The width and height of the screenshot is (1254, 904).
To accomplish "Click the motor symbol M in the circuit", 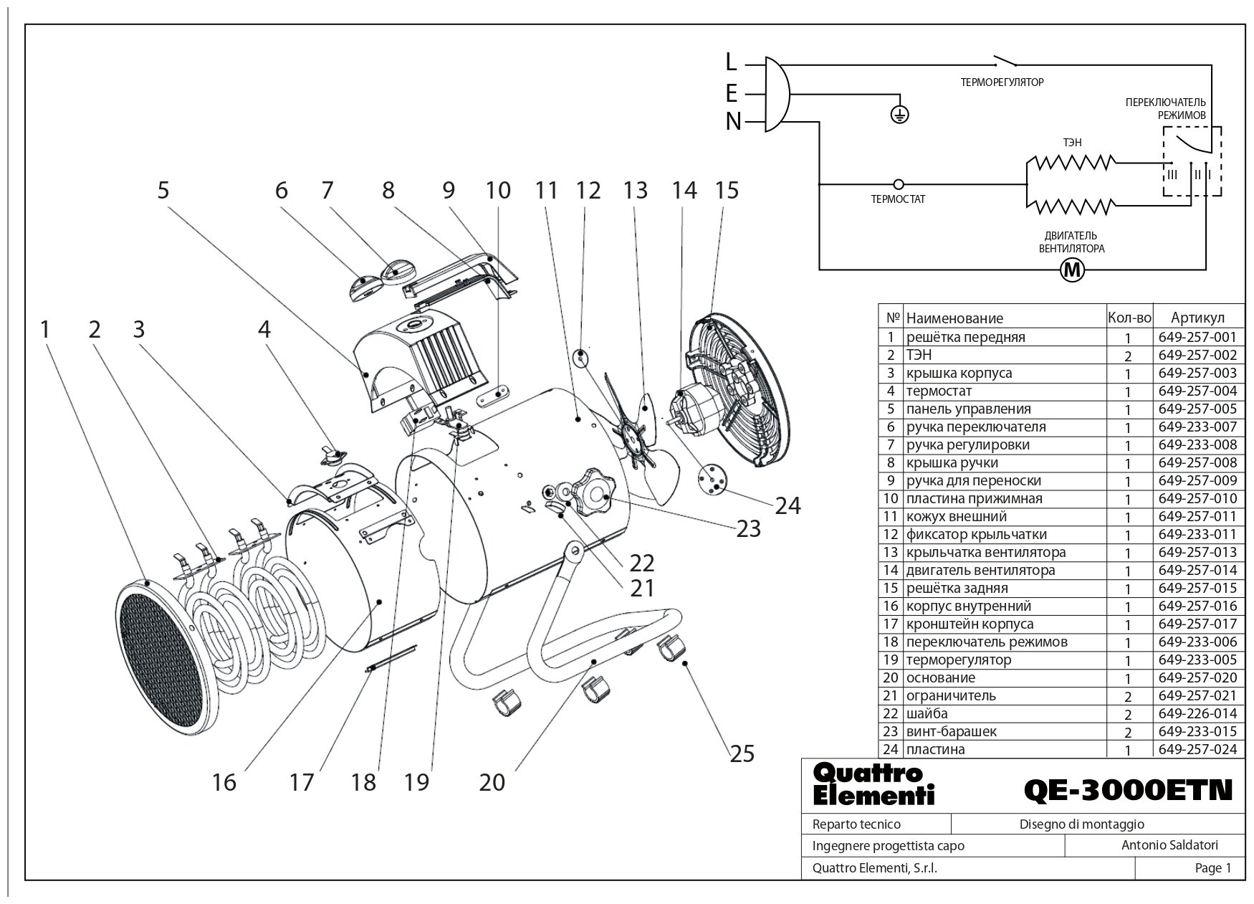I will (x=1072, y=270).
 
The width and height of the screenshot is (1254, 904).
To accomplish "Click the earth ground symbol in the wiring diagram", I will (x=900, y=113).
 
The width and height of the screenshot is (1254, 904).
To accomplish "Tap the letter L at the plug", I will (x=731, y=62).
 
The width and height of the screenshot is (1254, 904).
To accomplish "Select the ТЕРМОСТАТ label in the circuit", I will (x=898, y=199).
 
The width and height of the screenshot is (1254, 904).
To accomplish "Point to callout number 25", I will (x=742, y=753).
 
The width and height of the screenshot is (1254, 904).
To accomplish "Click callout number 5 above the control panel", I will (x=163, y=191).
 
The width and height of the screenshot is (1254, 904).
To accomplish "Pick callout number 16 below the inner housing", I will (x=224, y=781).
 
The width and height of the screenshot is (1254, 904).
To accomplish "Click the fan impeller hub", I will (x=632, y=434).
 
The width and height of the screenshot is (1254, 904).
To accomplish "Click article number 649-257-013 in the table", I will (x=1197, y=553).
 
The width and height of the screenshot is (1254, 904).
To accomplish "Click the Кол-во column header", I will (x=1129, y=318).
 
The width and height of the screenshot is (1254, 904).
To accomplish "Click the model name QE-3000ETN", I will (x=1128, y=790).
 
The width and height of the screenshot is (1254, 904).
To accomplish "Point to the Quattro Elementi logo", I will (x=874, y=784).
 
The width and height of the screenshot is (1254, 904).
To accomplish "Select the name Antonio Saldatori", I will (x=1169, y=846).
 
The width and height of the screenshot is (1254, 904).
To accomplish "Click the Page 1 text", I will (x=1212, y=868).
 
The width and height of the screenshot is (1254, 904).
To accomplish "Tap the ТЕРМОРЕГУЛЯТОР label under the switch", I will (x=1002, y=82).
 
